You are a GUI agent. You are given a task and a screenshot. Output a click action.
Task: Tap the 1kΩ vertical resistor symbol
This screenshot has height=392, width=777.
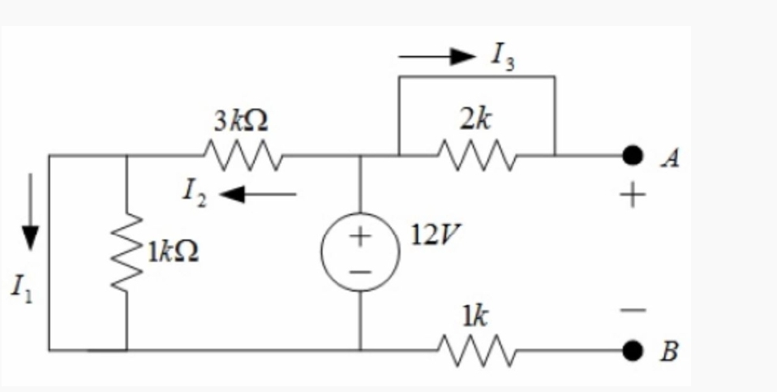click(127, 252)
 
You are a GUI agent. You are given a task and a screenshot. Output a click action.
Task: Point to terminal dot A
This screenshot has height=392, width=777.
click(632, 154)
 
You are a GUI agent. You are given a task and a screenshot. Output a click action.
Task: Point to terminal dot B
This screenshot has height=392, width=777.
click(632, 351)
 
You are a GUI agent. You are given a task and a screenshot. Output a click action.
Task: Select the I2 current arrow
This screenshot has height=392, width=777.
click(258, 194)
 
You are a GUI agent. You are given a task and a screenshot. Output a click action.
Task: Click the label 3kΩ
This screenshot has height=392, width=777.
click(242, 123)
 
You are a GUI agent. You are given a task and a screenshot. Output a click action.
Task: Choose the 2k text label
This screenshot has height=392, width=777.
click(474, 121)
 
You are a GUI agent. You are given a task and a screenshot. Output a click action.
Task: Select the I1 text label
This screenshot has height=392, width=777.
click(16, 288)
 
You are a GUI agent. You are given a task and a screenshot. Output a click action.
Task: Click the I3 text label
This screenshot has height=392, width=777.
click(502, 56)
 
